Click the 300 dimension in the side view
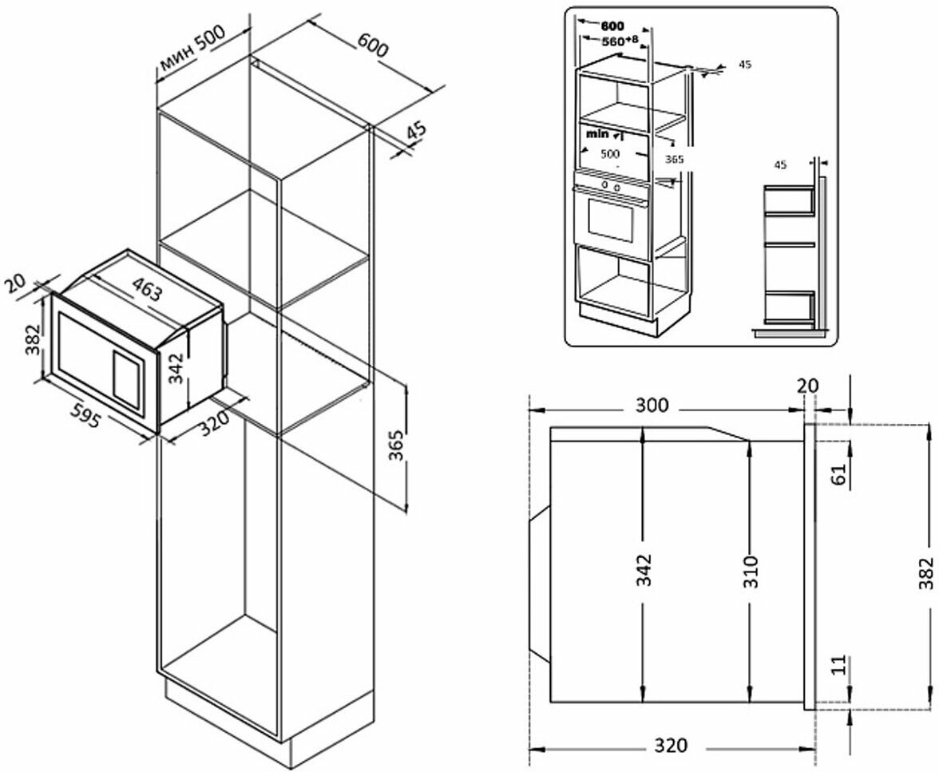point(652,406)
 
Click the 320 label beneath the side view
point(671,746)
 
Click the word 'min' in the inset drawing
point(596,134)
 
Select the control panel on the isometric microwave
point(126,375)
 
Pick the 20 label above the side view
point(808,386)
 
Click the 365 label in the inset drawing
point(675,159)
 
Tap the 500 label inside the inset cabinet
point(610,153)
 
